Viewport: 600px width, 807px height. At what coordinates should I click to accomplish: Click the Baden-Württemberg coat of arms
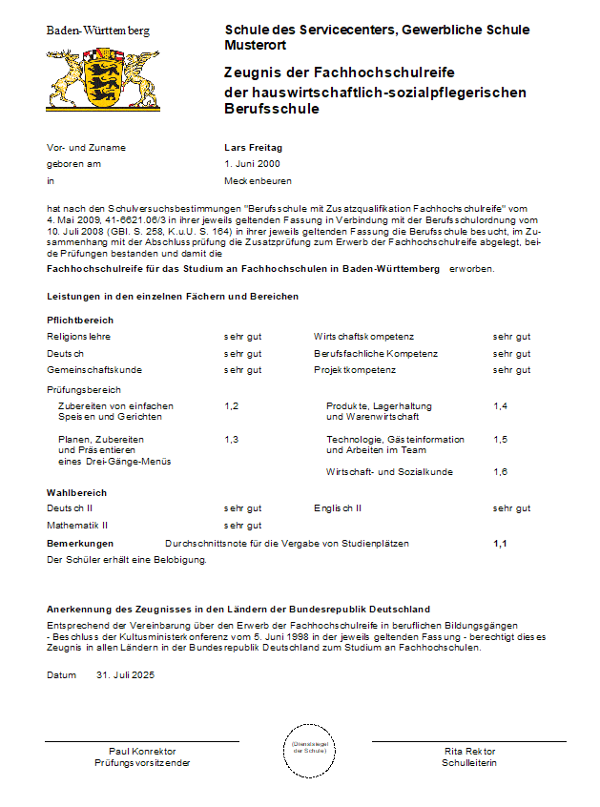tap(103, 80)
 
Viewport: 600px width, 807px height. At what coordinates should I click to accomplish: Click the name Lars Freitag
tap(253, 148)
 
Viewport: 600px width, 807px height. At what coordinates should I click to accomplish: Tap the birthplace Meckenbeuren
tap(258, 180)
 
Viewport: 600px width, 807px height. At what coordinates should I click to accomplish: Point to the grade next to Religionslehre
tap(242, 337)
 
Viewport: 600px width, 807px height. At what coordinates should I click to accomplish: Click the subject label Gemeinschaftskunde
tap(94, 369)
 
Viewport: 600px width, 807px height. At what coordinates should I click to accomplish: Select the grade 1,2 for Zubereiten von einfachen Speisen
tap(232, 406)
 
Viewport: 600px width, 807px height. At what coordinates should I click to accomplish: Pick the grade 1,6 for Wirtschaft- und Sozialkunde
tap(501, 472)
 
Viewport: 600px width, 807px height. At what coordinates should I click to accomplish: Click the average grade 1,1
tap(501, 544)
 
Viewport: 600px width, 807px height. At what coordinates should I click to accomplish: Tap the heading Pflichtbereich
tap(80, 321)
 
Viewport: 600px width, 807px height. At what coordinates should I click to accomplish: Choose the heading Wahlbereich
tap(76, 492)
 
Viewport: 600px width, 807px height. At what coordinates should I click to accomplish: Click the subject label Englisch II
tap(338, 508)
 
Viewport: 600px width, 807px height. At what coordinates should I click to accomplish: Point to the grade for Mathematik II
tap(242, 525)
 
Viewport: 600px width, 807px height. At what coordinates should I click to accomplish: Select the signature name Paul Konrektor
tap(142, 752)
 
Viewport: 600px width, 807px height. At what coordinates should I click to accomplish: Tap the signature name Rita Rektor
tap(469, 752)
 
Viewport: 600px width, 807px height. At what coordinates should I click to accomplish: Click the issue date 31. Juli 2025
tap(125, 674)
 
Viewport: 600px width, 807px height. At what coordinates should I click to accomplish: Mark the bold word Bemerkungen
tap(80, 544)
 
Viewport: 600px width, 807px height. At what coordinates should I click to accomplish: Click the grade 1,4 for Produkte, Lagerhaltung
tap(501, 406)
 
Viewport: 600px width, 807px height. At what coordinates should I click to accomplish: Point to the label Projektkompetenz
tap(355, 369)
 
